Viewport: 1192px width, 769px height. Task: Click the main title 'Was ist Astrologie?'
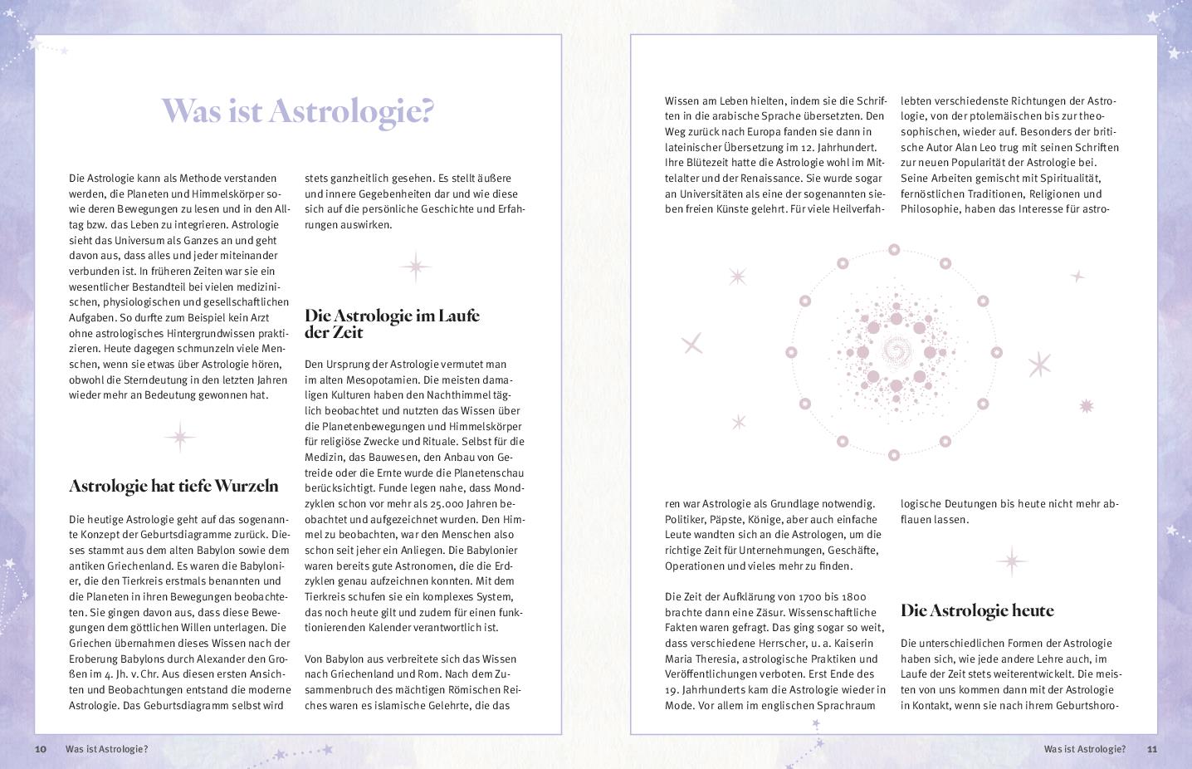(297, 110)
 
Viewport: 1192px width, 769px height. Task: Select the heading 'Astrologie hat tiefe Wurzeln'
(173, 486)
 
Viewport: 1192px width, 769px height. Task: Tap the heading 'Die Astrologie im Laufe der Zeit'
(392, 324)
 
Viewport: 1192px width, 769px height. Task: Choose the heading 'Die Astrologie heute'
(977, 610)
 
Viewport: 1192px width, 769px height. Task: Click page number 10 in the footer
(41, 749)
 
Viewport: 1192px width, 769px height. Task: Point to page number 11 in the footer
(1151, 749)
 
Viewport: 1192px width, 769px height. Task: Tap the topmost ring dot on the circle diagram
(894, 249)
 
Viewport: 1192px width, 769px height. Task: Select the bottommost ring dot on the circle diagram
(894, 455)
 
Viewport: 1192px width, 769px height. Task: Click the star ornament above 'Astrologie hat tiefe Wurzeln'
(179, 437)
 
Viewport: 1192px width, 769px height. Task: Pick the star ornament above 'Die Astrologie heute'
(1011, 561)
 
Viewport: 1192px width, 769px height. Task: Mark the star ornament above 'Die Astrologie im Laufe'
(415, 267)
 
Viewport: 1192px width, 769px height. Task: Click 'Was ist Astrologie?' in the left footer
(106, 749)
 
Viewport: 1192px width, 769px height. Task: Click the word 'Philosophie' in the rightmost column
(931, 209)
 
